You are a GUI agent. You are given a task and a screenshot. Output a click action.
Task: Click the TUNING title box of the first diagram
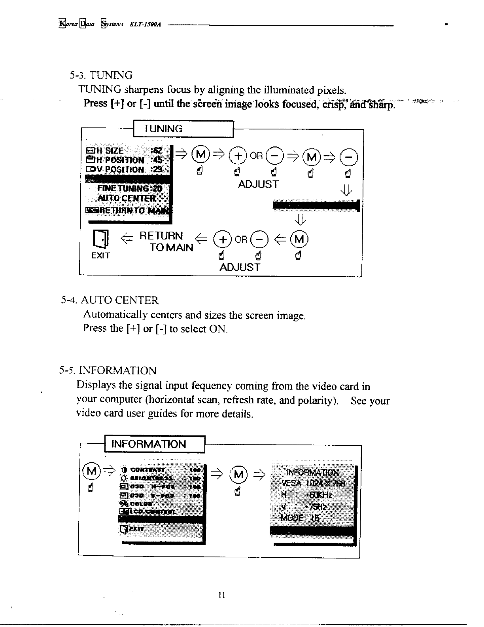tap(183, 129)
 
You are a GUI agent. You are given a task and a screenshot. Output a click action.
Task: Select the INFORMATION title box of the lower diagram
tap(154, 444)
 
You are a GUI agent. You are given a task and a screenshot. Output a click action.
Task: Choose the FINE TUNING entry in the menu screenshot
tap(127, 188)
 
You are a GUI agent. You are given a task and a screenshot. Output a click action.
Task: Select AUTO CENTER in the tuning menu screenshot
tap(127, 198)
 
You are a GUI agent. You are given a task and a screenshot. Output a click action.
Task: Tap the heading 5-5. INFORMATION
tap(108, 371)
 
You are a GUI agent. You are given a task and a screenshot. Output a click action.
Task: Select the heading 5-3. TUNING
tap(101, 75)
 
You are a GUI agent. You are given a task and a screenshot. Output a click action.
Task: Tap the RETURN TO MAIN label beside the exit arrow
tap(166, 241)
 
